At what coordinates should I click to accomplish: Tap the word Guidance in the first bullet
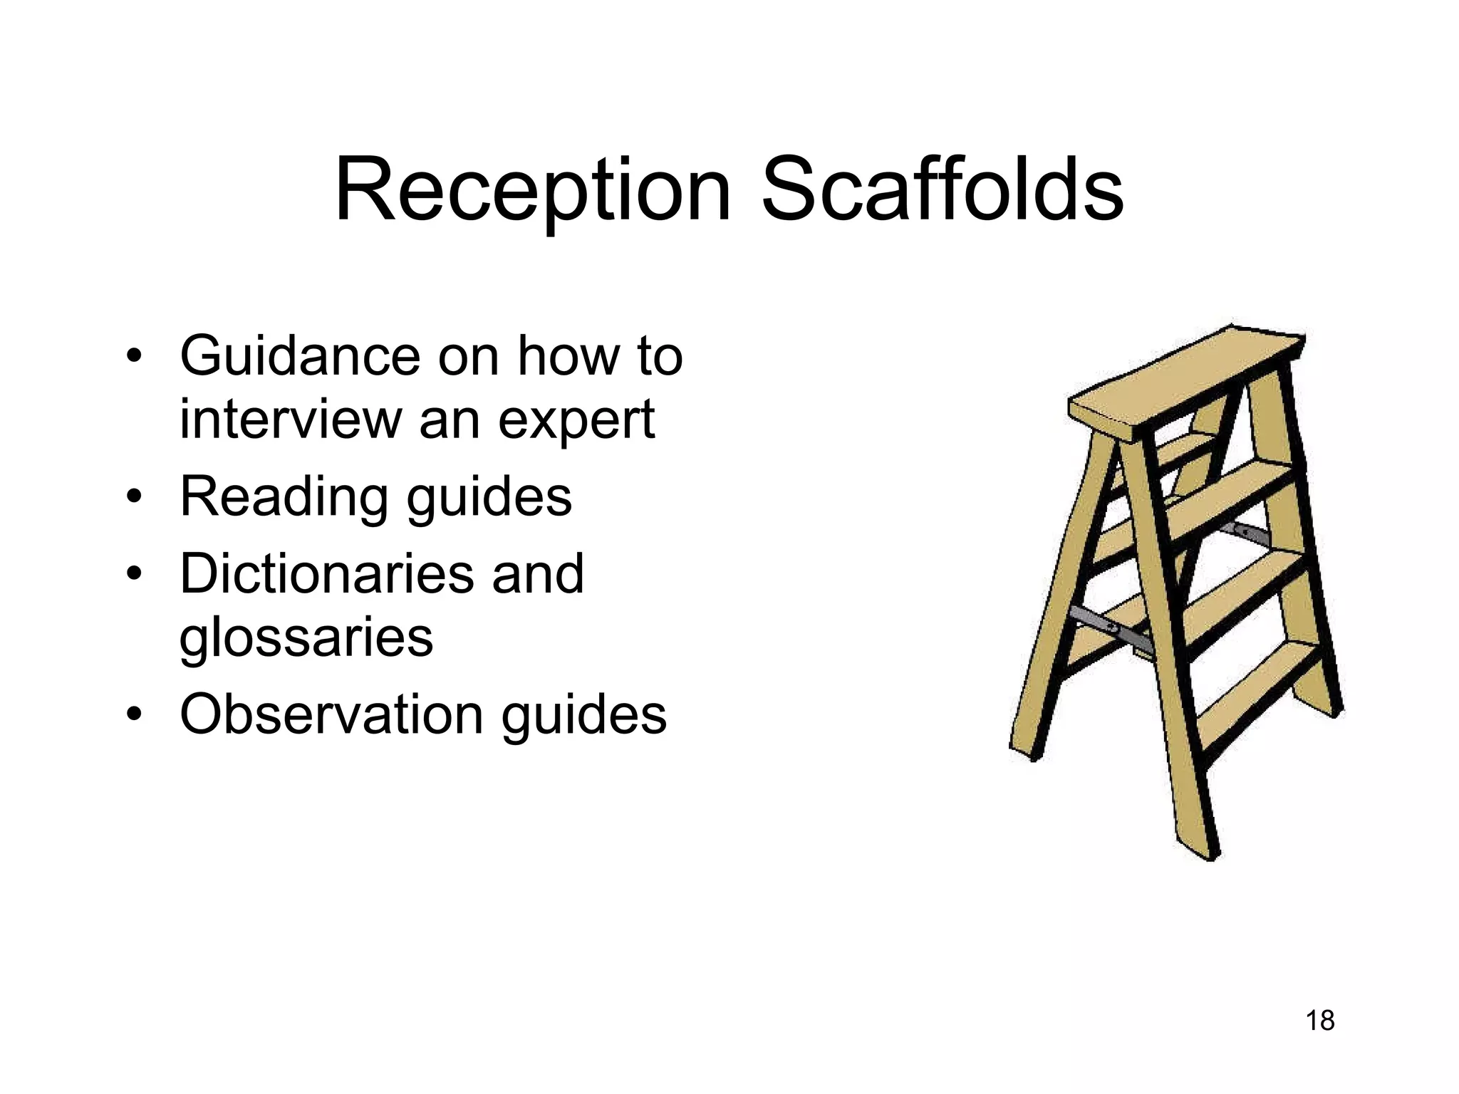(300, 355)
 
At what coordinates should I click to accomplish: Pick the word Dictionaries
(327, 573)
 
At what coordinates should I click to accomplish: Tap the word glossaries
(306, 637)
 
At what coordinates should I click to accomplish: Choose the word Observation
(331, 714)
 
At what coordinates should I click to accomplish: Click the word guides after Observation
(584, 716)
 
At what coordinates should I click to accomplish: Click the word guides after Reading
(489, 498)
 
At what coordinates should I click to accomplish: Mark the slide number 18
(1319, 1021)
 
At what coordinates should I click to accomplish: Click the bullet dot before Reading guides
(133, 496)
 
